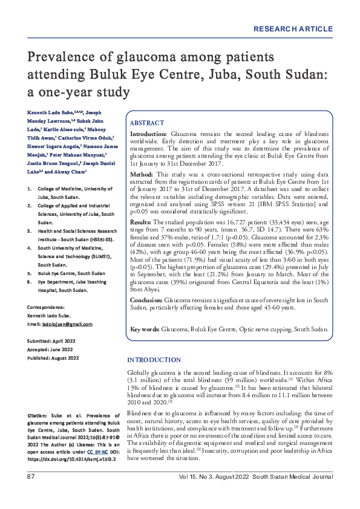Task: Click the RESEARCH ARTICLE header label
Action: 293,29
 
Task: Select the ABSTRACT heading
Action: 147,122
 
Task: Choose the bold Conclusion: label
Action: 146,299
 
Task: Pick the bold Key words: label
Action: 145,329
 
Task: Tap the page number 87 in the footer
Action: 30,478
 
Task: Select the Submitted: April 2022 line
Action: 51,341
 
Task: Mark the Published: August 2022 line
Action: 53,358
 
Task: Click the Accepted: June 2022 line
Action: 50,349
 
